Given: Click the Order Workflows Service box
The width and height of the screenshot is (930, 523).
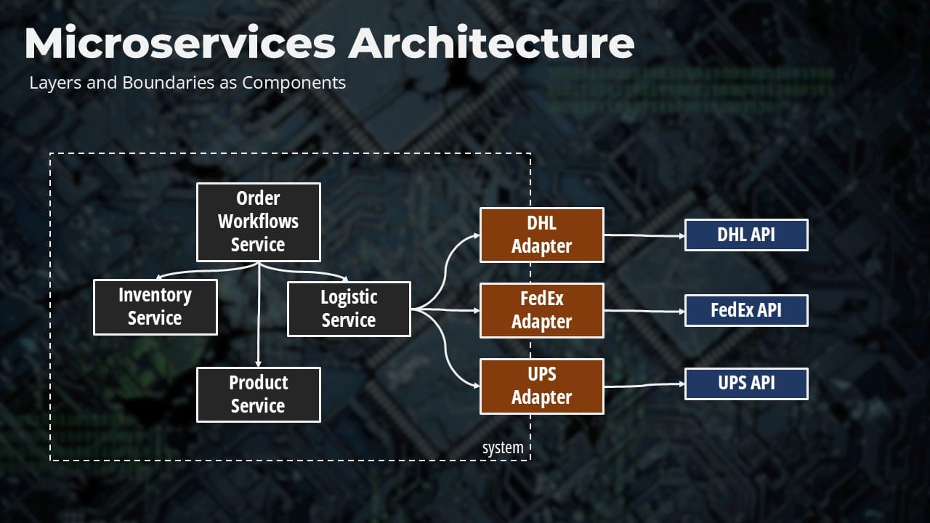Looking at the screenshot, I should coord(259,222).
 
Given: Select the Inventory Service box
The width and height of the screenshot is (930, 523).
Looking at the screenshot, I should coord(155,307).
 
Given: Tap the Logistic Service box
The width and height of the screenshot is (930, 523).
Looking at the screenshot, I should coord(349,309).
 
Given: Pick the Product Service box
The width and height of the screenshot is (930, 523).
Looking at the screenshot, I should coord(259,394).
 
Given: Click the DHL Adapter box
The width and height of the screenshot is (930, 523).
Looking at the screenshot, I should coord(541,235).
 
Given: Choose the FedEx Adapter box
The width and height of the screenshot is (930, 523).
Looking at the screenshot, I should coord(541,310).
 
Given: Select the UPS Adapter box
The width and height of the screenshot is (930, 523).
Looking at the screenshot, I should coord(541,386).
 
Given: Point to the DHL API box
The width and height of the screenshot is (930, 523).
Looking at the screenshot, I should coord(746,235).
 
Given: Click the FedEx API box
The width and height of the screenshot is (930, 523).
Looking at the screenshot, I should coord(746,310).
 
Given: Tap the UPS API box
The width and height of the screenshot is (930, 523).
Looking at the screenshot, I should coord(746,384).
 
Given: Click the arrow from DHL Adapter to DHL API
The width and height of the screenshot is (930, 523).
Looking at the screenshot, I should coord(644,235).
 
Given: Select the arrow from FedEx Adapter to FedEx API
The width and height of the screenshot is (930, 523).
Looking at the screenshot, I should coord(644,312).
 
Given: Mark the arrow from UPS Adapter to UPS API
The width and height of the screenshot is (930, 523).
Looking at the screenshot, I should coord(644,386).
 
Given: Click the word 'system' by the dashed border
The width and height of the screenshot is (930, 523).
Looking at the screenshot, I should coord(503,448).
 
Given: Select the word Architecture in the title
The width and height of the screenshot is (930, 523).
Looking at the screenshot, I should coord(491,44).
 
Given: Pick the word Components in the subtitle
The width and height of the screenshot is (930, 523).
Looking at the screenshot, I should coord(294,83).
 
